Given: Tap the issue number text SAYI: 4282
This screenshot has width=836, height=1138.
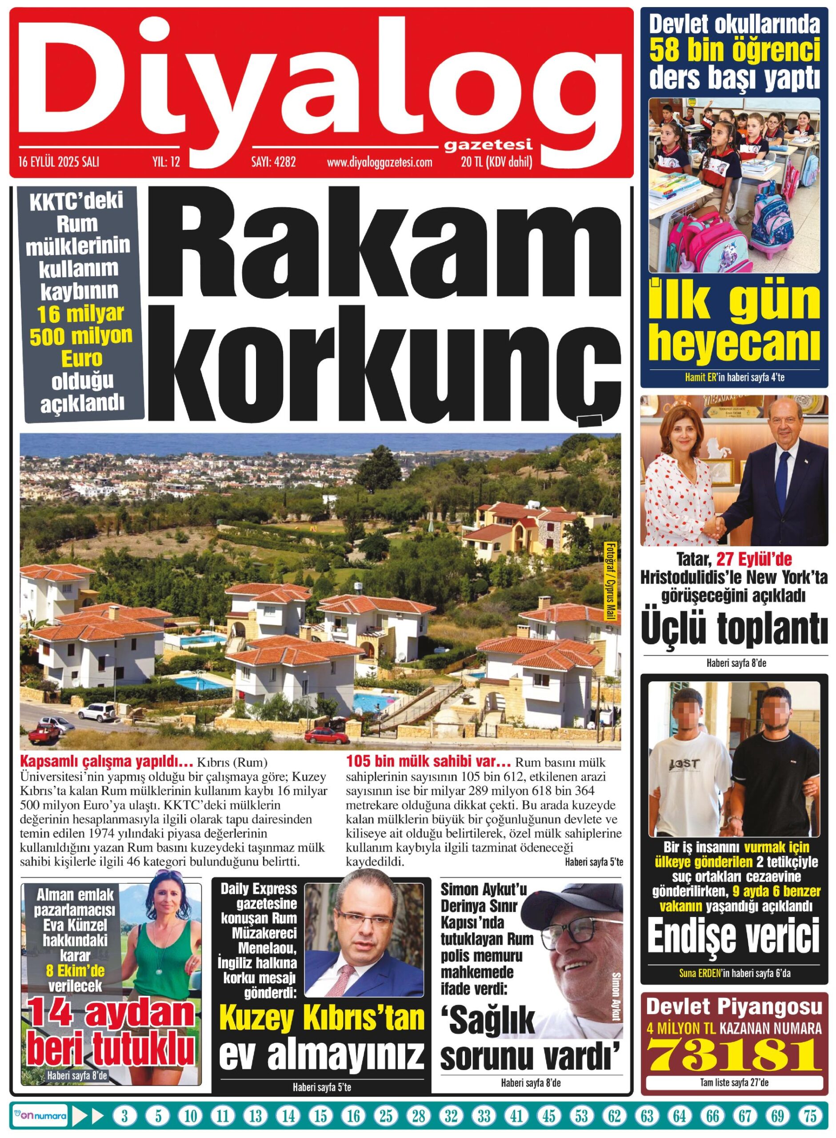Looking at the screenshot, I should (x=273, y=162).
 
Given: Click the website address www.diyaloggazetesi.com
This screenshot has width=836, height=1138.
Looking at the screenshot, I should (x=380, y=162).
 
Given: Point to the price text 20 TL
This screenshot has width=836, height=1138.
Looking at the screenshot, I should (x=471, y=162).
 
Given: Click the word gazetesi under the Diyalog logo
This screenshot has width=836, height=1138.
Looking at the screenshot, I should (x=488, y=147).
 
